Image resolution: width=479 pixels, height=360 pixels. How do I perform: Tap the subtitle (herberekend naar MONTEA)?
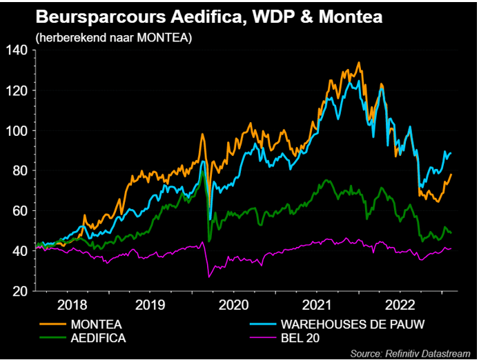tap(113, 37)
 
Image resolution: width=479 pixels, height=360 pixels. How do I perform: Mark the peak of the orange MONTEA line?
tap(358, 63)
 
